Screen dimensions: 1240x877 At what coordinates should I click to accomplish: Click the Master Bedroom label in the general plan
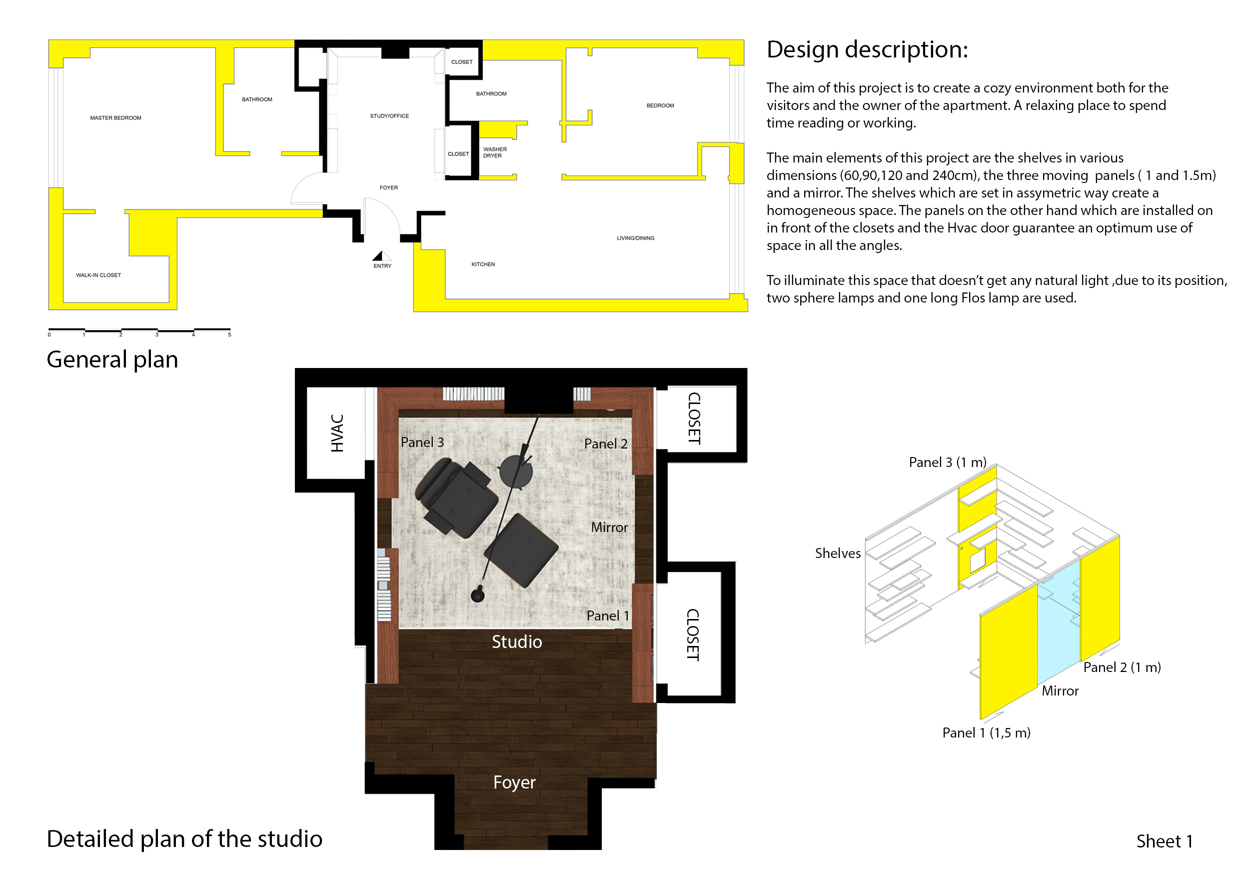point(115,118)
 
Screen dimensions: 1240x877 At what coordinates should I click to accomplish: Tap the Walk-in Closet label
point(98,275)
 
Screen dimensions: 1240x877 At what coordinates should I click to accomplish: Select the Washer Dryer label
point(495,152)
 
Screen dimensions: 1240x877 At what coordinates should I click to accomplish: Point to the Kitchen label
point(483,264)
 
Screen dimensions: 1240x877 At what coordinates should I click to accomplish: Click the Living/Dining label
point(635,238)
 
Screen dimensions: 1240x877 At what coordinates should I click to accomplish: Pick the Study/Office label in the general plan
point(389,115)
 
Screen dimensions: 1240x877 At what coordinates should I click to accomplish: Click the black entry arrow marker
point(377,255)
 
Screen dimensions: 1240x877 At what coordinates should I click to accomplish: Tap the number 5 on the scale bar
point(229,335)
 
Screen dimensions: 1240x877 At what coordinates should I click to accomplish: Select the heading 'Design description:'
point(867,49)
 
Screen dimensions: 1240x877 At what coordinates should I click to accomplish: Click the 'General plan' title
point(112,359)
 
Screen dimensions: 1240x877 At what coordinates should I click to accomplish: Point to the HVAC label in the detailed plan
point(337,433)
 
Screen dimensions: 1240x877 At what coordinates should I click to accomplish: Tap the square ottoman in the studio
point(521,550)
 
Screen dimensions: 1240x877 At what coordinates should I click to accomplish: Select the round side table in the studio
point(516,471)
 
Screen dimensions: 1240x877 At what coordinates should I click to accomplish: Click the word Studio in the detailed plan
point(516,641)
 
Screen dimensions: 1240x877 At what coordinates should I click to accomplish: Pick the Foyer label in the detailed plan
point(514,782)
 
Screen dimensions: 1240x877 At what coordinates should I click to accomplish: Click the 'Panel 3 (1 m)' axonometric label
point(947,462)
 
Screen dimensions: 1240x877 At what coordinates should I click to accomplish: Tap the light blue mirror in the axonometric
point(1059,621)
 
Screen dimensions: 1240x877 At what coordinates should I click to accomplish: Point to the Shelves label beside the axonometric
point(838,553)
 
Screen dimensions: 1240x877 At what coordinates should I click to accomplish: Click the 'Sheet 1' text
point(1165,841)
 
